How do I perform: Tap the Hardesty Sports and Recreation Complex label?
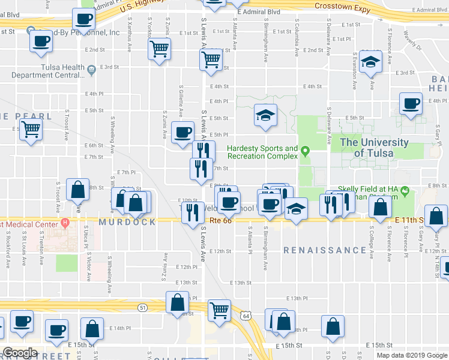[x=262, y=152]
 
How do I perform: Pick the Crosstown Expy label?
[x=340, y=5]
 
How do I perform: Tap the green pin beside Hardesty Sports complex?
[x=306, y=151]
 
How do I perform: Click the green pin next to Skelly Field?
[x=405, y=193]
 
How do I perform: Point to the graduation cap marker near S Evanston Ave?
[x=370, y=61]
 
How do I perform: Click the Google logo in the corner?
[x=20, y=353]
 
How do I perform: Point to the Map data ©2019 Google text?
[x=411, y=355]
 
